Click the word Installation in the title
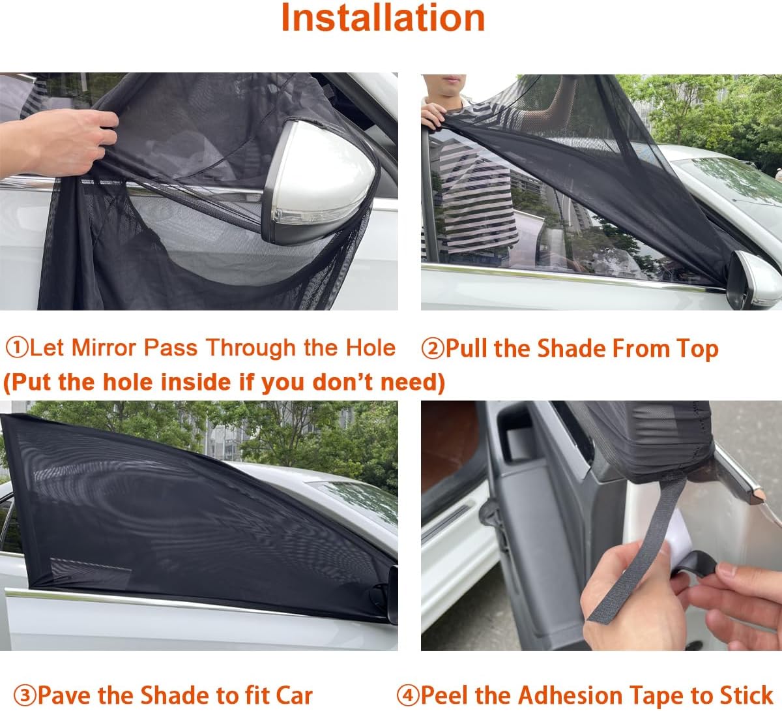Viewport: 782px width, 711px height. click(383, 18)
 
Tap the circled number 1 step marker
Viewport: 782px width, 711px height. click(18, 348)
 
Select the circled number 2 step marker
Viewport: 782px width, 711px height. click(433, 348)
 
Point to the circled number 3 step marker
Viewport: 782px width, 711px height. click(25, 695)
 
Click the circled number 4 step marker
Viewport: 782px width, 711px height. click(408, 695)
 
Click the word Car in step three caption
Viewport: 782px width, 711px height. click(295, 695)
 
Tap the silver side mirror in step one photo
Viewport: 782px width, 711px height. click(318, 181)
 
